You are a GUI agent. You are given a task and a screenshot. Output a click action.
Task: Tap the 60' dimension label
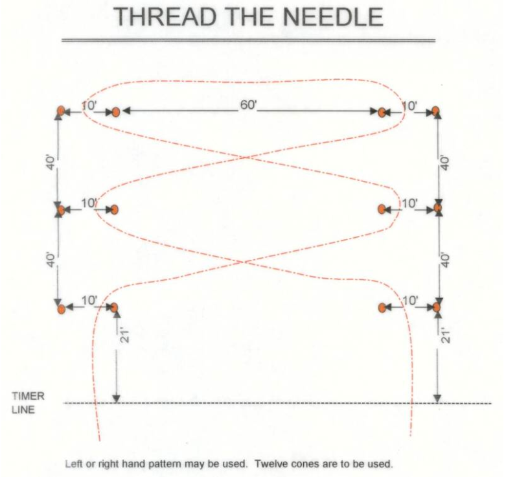[x=249, y=106]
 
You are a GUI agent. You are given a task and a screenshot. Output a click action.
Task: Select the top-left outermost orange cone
[x=60, y=111]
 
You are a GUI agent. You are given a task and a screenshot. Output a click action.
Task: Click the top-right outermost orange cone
[x=437, y=111]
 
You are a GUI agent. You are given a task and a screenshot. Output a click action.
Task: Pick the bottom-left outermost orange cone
[x=60, y=309]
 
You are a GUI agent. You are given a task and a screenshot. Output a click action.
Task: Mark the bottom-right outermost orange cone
[x=437, y=307]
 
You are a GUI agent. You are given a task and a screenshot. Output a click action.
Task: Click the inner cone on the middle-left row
[x=115, y=209]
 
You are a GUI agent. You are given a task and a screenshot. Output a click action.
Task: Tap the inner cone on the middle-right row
[x=382, y=209]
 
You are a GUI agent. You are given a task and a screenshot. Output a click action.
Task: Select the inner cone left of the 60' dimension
[x=115, y=111]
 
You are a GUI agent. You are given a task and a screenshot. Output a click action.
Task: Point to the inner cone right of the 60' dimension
[x=382, y=111]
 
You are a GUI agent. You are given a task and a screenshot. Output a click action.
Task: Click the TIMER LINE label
[x=28, y=402]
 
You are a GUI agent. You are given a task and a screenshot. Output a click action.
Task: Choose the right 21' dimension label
[x=444, y=336]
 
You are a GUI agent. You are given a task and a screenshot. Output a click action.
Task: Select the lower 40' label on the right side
[x=444, y=259]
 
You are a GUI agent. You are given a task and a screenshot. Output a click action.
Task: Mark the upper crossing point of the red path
[x=247, y=157]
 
